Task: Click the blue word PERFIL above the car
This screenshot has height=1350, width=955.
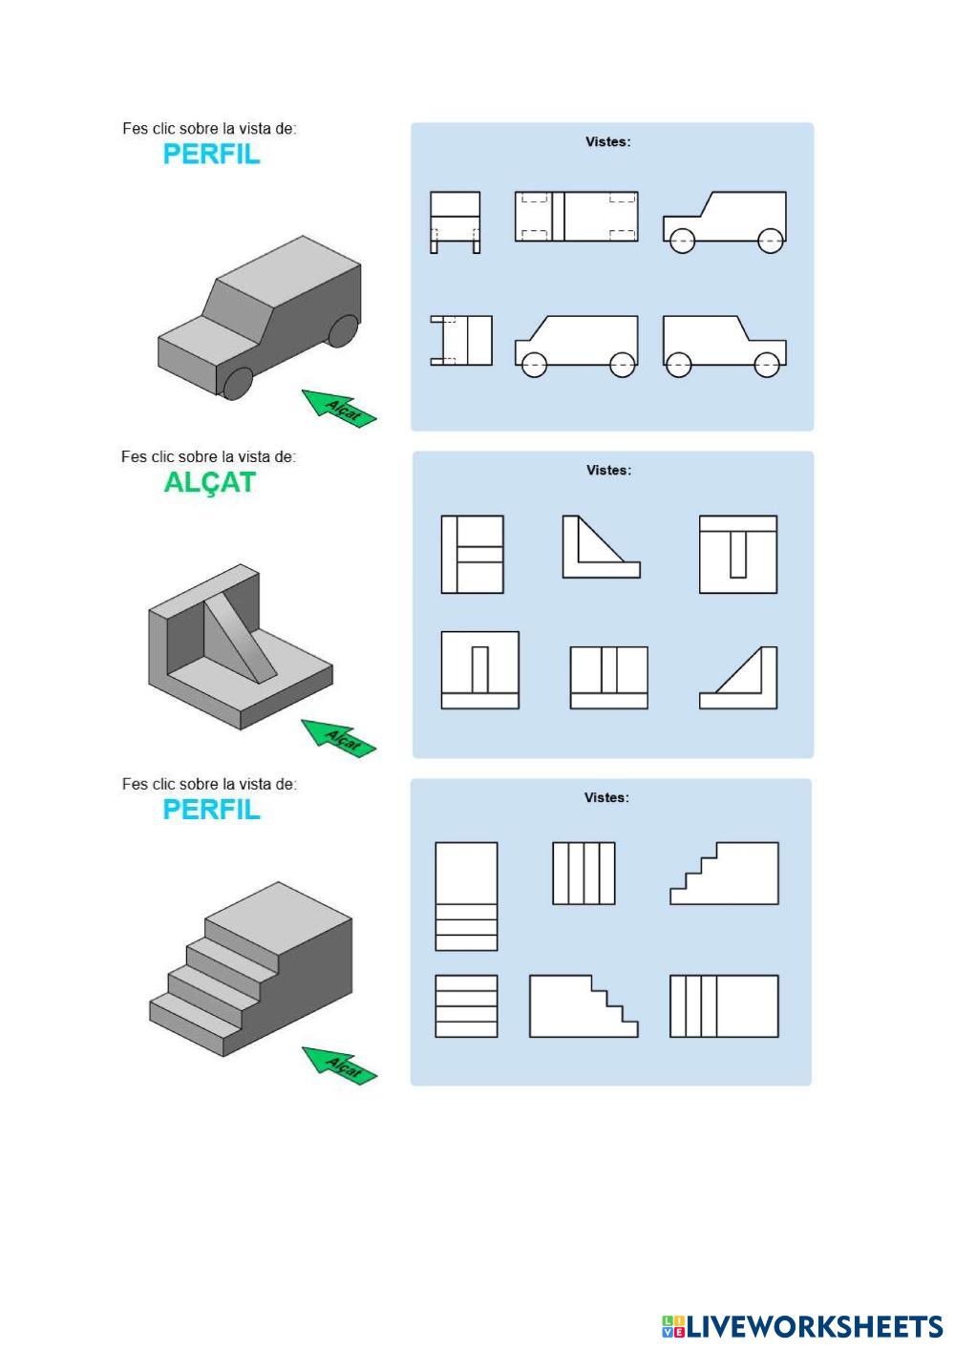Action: click(211, 155)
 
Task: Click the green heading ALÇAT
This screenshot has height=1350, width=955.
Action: click(210, 483)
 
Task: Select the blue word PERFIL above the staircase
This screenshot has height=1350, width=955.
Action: click(211, 810)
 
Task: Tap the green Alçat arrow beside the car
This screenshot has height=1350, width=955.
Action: click(339, 408)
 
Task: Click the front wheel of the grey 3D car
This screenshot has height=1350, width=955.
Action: click(239, 384)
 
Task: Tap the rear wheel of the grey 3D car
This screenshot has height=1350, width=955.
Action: click(341, 330)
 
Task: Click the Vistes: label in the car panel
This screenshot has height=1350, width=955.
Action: click(607, 142)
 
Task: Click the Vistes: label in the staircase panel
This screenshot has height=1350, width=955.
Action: click(606, 798)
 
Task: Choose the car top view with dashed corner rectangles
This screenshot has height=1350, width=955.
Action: click(576, 216)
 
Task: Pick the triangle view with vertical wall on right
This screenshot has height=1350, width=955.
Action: click(738, 678)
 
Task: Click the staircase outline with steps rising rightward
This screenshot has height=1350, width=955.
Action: click(725, 874)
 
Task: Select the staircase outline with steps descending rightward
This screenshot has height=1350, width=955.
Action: click(583, 1006)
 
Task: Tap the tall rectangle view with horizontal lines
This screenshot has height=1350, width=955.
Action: click(466, 896)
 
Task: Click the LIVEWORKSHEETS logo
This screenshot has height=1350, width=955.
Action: click(802, 1326)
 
